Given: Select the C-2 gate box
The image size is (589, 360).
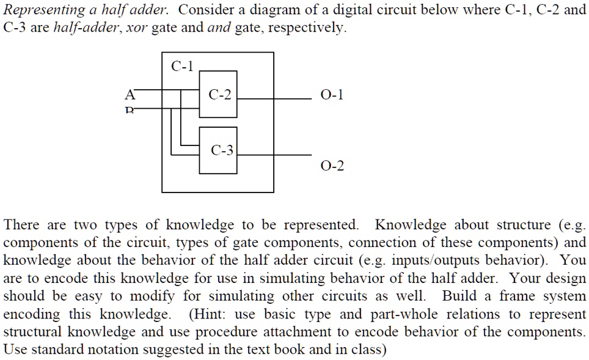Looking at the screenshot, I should pos(218,94).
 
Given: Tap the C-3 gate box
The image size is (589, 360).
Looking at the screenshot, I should pos(218,150).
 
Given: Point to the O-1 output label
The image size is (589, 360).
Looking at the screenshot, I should pos(332,95).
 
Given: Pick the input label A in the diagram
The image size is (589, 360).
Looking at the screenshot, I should pos(129,95).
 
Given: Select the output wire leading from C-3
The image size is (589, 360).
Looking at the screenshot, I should pos(275,155).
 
